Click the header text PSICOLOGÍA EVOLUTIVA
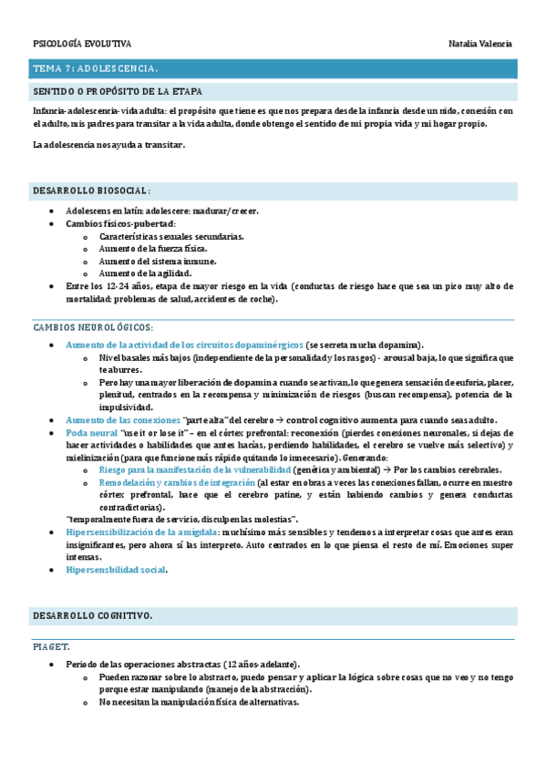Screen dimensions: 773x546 tap(82, 44)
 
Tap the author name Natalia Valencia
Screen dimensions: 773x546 tap(480, 44)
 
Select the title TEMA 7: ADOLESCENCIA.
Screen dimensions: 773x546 tap(96, 68)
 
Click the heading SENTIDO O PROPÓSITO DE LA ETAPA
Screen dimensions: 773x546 tap(118, 92)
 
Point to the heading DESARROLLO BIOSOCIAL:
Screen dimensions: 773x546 tap(91, 191)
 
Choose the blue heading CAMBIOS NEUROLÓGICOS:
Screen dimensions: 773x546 tap(93, 326)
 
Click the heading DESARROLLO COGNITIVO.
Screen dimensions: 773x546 tap(92, 615)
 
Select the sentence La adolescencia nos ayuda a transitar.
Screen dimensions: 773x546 tap(109, 145)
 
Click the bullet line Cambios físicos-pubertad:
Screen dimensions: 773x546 tap(121, 223)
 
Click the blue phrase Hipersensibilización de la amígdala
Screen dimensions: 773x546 tap(141, 531)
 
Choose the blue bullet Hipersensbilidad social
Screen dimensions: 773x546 tap(116, 569)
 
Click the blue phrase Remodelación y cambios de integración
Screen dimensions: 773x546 tap(176, 481)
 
